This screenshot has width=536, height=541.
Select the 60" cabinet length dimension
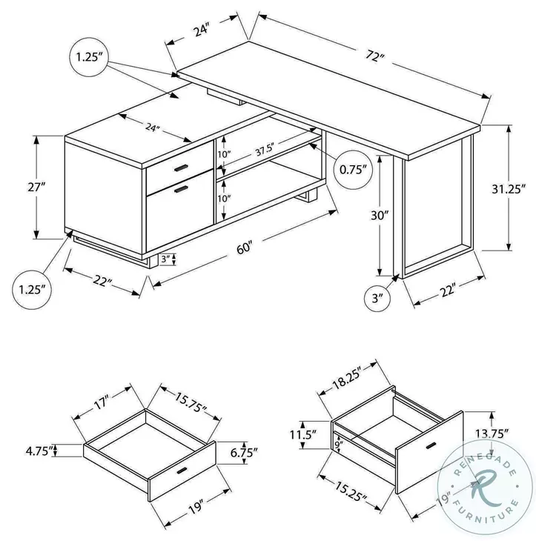[245, 249]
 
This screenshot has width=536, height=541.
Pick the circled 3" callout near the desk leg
[377, 299]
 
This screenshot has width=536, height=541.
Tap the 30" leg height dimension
[380, 216]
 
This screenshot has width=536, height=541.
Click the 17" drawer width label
[102, 404]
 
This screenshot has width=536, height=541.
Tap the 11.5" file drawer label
[304, 434]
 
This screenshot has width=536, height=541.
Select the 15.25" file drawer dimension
[348, 491]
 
